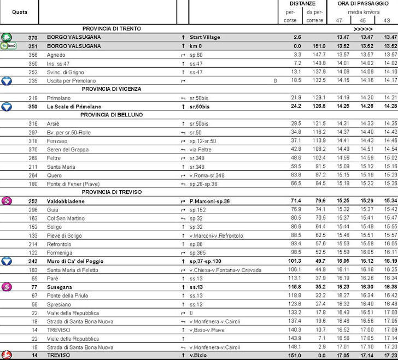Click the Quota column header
click(x=20, y=12)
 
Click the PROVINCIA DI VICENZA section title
click(x=112, y=88)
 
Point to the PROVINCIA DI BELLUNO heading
click(x=112, y=115)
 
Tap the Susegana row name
click(x=60, y=287)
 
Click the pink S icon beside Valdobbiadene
click(x=7, y=200)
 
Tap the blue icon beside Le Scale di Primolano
click(x=7, y=105)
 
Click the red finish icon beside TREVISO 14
click(x=7, y=356)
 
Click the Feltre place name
click(x=56, y=157)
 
